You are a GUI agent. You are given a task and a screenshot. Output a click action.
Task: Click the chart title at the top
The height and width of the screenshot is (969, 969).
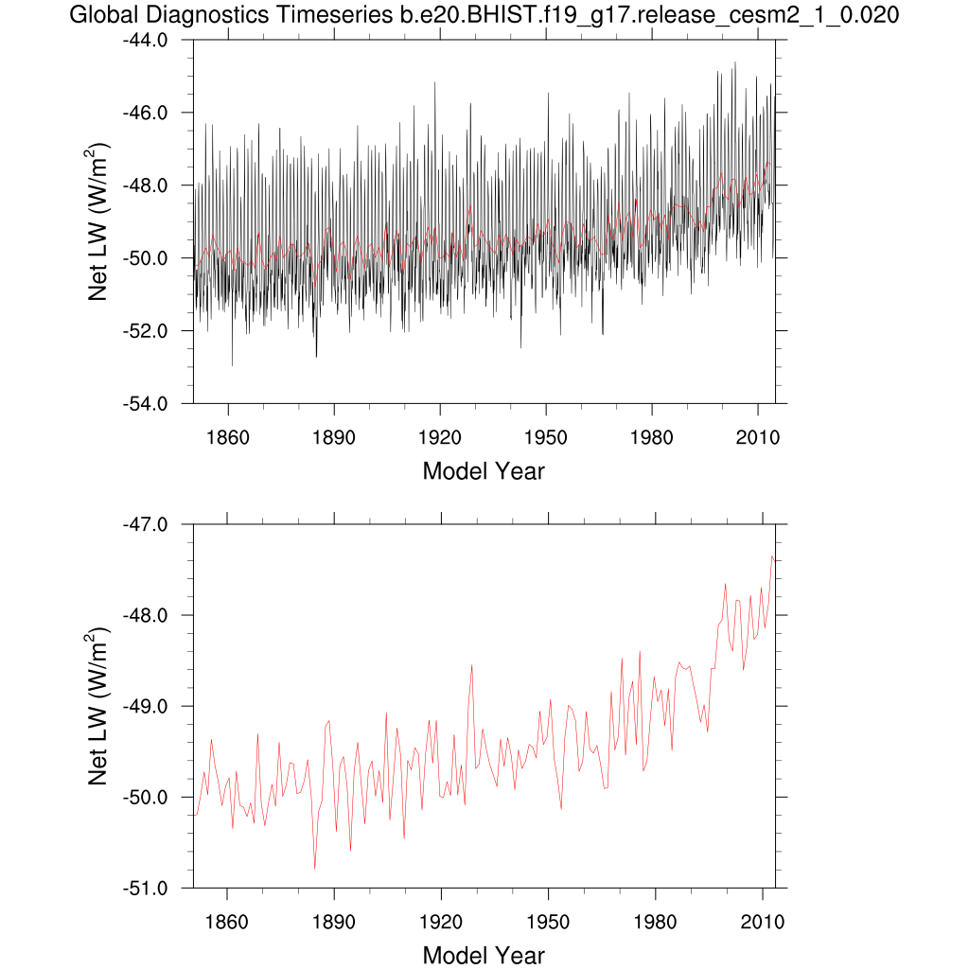[x=484, y=15]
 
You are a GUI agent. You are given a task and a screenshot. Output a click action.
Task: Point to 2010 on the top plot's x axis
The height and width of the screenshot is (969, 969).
[x=758, y=438]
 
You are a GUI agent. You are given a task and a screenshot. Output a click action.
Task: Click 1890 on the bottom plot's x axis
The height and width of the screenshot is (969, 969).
[x=334, y=922]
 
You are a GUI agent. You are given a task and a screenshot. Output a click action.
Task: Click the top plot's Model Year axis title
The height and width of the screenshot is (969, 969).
[x=484, y=471]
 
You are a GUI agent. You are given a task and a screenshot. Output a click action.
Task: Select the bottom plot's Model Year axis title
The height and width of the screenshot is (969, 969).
[x=484, y=955]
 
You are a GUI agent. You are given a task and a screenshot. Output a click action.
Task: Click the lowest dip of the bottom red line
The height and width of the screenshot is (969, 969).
[x=314, y=869]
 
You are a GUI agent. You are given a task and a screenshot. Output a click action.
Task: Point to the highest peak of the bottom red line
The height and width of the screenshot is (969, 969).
[x=772, y=556]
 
